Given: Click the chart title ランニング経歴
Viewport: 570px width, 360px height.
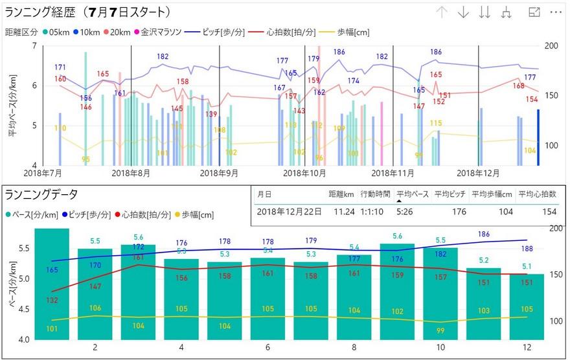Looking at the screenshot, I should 87,12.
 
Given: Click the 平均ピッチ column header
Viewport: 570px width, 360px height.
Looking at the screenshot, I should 450,194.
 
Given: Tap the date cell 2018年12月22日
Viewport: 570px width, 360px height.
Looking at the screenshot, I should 290,211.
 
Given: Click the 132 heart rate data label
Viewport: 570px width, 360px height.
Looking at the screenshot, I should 52,300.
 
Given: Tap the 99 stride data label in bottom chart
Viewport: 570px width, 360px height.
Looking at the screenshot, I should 440,331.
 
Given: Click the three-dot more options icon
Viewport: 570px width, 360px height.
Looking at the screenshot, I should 556,12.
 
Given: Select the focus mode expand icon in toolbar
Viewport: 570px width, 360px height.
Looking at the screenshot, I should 534,12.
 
